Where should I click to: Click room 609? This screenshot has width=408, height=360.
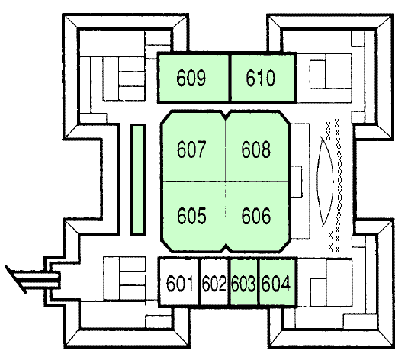point(194,78)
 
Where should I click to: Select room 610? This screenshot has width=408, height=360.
point(263,78)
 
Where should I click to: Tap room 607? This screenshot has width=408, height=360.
point(194,146)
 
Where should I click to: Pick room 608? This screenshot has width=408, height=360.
point(258,146)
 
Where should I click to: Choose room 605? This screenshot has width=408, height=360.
point(194,217)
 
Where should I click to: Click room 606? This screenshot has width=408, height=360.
point(258,217)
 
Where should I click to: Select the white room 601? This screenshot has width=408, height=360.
point(178,281)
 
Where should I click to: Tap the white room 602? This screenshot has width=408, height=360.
point(214,281)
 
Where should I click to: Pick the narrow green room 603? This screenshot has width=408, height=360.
point(244,281)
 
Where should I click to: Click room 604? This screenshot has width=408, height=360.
point(278,281)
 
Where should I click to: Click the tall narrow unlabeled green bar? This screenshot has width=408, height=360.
point(137,179)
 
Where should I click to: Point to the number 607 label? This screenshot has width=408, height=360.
point(191,149)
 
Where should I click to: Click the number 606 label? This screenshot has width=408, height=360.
point(256,216)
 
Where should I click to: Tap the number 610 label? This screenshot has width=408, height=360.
point(260,78)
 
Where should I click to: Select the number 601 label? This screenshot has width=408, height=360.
point(179,284)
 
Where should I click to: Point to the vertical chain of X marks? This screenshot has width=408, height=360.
point(338,186)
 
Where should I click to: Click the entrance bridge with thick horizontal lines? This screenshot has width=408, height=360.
point(34,280)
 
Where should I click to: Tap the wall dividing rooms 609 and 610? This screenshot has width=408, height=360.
point(230,78)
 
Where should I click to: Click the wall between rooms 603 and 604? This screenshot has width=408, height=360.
point(259,281)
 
